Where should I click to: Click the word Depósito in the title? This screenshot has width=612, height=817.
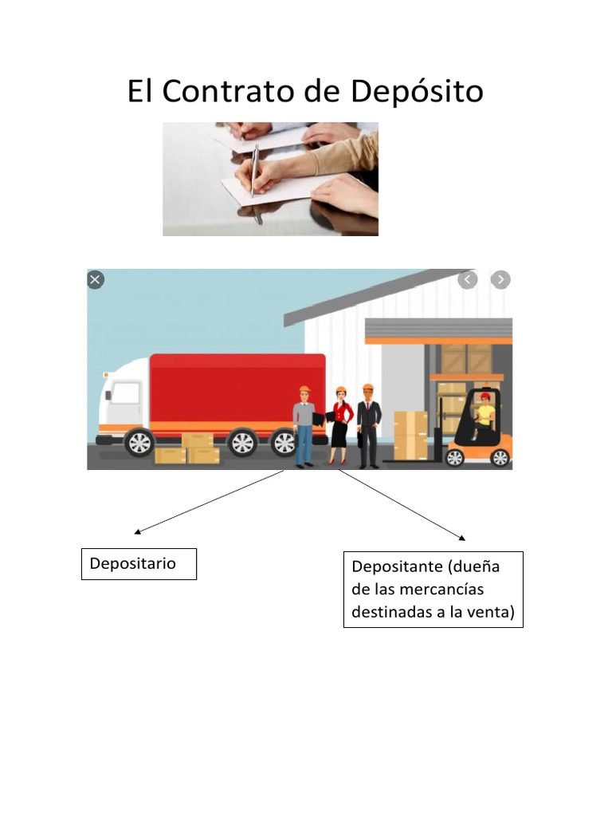417,92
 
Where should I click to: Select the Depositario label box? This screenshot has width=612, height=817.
139,564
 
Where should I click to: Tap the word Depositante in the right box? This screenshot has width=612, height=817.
397,566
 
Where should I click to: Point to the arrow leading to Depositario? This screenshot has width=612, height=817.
209,502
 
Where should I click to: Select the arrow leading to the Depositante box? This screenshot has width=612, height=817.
402,505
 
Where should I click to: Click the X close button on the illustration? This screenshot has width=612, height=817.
96,280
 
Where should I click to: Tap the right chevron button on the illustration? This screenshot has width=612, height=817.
500,280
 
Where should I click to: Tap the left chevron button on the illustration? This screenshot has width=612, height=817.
467,280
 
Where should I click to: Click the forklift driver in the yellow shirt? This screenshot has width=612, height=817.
484,415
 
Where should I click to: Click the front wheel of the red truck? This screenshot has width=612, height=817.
139,442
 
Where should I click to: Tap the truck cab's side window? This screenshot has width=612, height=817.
126,393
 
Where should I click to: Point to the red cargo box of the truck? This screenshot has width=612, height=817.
237,389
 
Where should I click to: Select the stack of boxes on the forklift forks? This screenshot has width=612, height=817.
410,436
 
